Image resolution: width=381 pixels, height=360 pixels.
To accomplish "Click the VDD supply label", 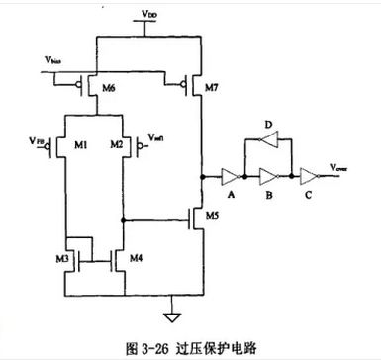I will click(149, 17).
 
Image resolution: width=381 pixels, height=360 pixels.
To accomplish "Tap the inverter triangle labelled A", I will click(231, 178).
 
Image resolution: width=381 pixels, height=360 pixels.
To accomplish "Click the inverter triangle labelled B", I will click(268, 178).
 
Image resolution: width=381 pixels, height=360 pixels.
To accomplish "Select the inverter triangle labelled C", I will click(310, 178).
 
